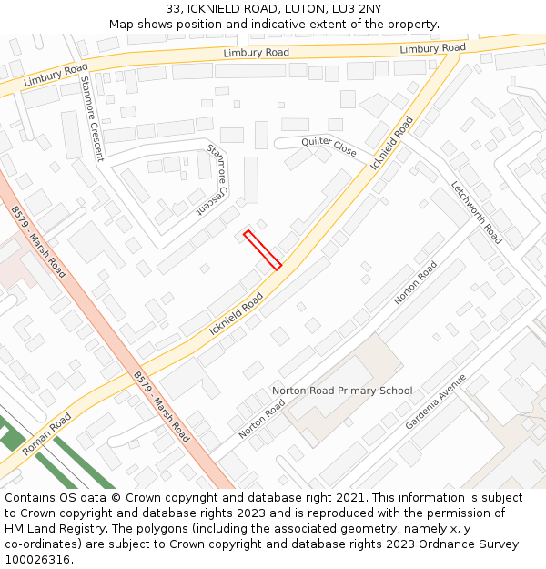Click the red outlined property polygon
[262, 250]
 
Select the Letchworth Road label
[476, 212]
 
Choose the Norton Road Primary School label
[342, 391]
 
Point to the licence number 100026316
[38, 559]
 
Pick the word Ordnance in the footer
[462, 544]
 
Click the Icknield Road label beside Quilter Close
[392, 142]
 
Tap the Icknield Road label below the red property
[236, 313]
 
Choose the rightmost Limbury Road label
[432, 48]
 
